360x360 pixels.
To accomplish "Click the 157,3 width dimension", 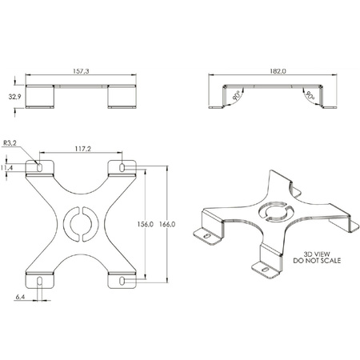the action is pyautogui.click(x=81, y=71).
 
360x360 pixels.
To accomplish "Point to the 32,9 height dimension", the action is pyautogui.click(x=14, y=97).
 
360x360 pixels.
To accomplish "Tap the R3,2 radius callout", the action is pyautogui.click(x=10, y=143).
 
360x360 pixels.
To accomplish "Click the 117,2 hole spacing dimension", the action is pyautogui.click(x=82, y=149).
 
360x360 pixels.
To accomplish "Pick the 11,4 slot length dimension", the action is pyautogui.click(x=6, y=168).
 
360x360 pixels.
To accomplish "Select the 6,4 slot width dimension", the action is pyautogui.click(x=20, y=297).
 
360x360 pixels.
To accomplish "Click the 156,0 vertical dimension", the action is pyautogui.click(x=146, y=224).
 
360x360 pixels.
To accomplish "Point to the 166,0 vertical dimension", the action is pyautogui.click(x=167, y=224).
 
